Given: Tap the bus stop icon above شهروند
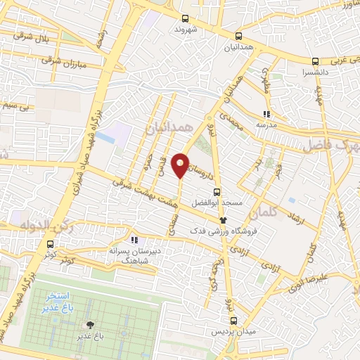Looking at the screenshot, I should click(185, 19).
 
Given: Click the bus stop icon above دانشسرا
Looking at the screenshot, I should click(316, 60).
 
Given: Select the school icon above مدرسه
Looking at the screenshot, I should click(266, 113).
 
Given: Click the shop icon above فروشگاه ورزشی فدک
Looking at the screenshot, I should click(224, 220).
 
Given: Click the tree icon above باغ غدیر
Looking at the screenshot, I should click(90, 325).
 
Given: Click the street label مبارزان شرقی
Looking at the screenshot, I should click(66, 60).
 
